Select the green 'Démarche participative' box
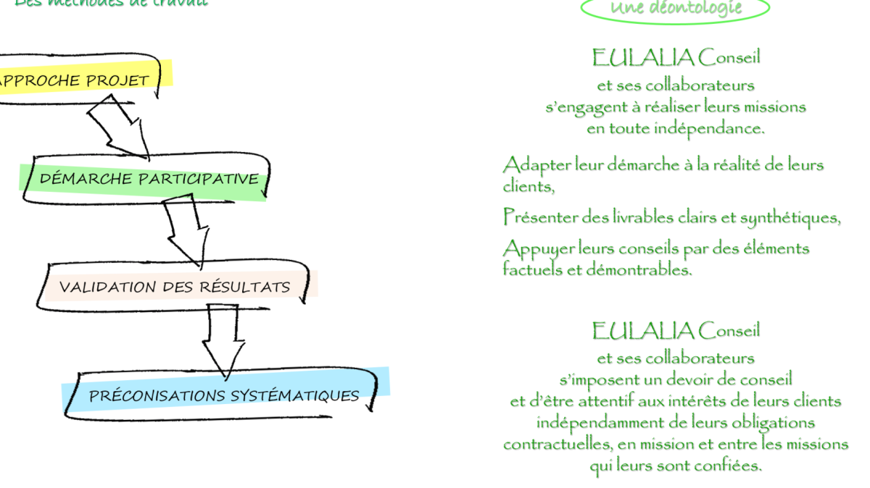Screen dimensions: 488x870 (x=149, y=178)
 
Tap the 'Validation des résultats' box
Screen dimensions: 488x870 (x=174, y=287)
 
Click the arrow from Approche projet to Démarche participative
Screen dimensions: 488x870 (x=120, y=127)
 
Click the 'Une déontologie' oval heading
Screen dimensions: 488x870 (x=676, y=9)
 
